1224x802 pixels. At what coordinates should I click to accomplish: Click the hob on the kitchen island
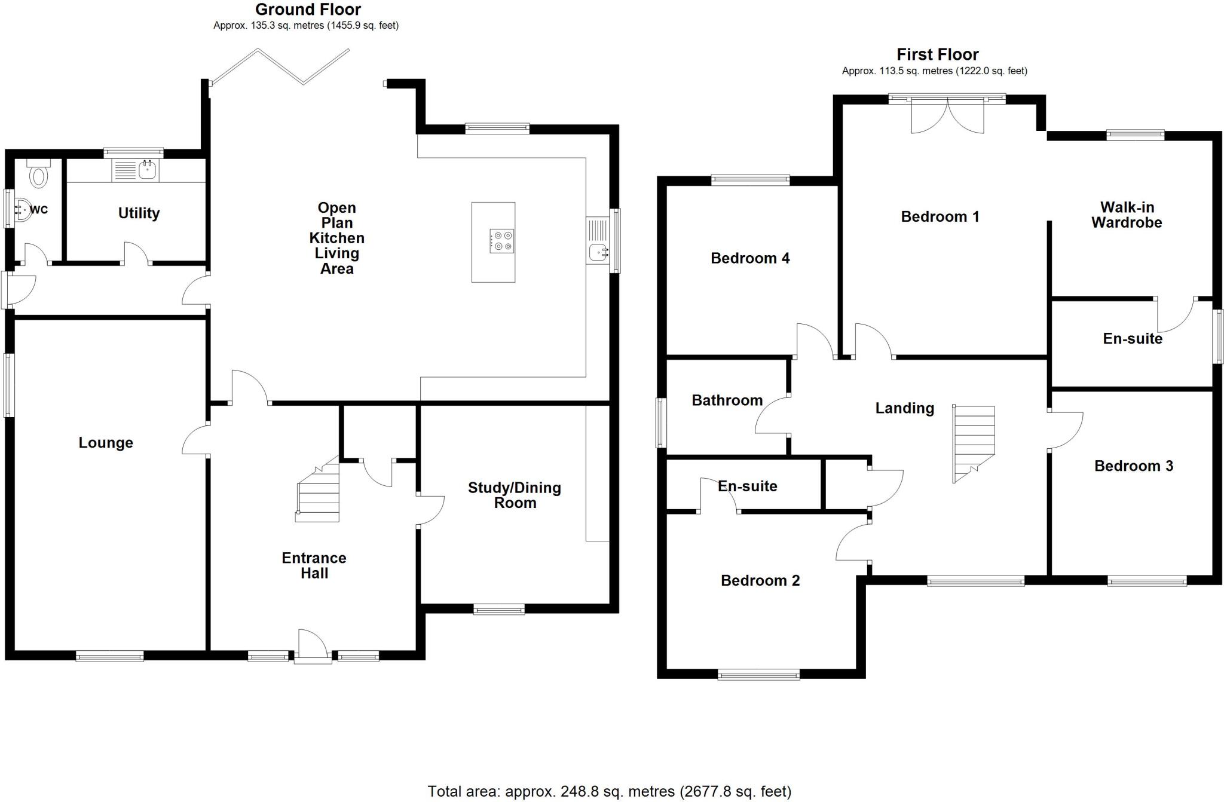pos(501,241)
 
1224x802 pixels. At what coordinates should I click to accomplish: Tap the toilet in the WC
pos(39,175)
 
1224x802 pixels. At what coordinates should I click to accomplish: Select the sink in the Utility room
pos(148,170)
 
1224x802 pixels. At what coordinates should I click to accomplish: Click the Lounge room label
pos(106,443)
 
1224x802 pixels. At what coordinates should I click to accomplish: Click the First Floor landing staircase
pos(974,443)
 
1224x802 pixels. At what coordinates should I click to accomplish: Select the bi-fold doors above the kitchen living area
pos(280,66)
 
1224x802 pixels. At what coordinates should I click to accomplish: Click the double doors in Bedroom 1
pos(947,115)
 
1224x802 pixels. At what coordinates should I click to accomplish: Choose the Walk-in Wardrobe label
pos(1127,215)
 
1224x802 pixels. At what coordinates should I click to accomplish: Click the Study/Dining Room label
pos(515,495)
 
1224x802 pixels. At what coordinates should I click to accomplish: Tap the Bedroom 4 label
pos(750,258)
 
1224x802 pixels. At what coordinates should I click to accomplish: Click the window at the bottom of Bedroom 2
pos(758,675)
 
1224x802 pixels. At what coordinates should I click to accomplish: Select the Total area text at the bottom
pos(609,792)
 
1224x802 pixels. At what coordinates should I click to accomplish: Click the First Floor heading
pos(937,55)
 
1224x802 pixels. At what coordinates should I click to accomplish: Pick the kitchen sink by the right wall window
pos(598,252)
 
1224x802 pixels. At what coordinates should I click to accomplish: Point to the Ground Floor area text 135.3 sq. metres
pos(306,26)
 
